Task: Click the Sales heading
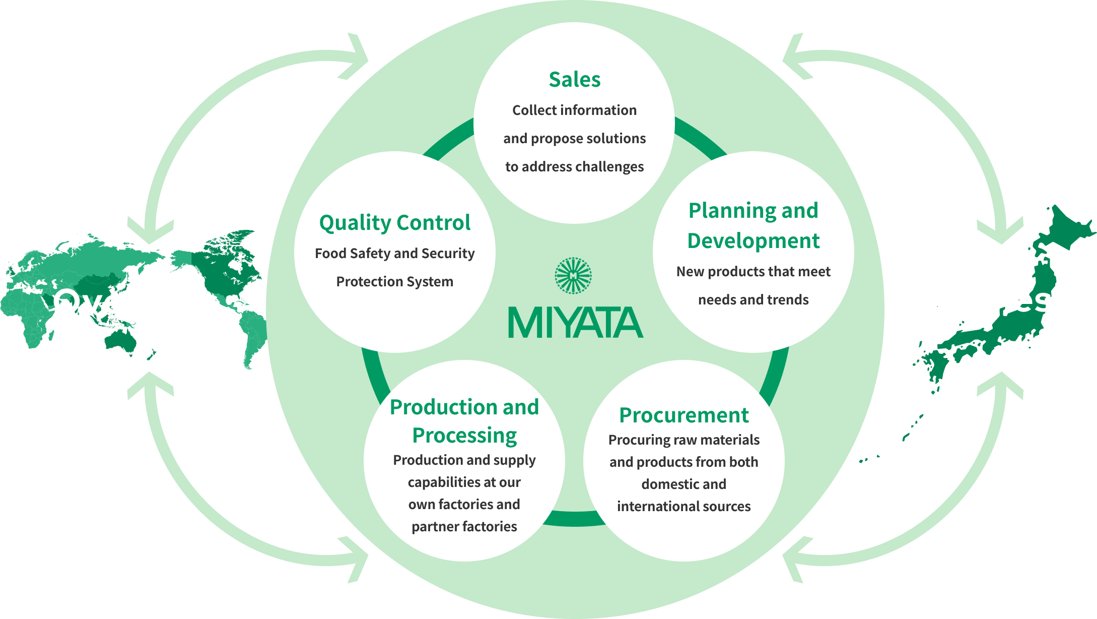(x=575, y=80)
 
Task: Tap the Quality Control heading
(x=395, y=223)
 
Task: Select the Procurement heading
(x=683, y=415)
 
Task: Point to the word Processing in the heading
(x=464, y=436)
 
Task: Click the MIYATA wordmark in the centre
(x=575, y=323)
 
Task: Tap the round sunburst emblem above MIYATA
(x=573, y=276)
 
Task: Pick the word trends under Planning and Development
(x=787, y=300)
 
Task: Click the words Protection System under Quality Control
(x=395, y=282)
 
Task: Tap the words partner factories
(x=464, y=527)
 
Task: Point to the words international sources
(x=683, y=507)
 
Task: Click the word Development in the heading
(x=753, y=241)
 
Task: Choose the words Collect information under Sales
(x=574, y=110)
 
